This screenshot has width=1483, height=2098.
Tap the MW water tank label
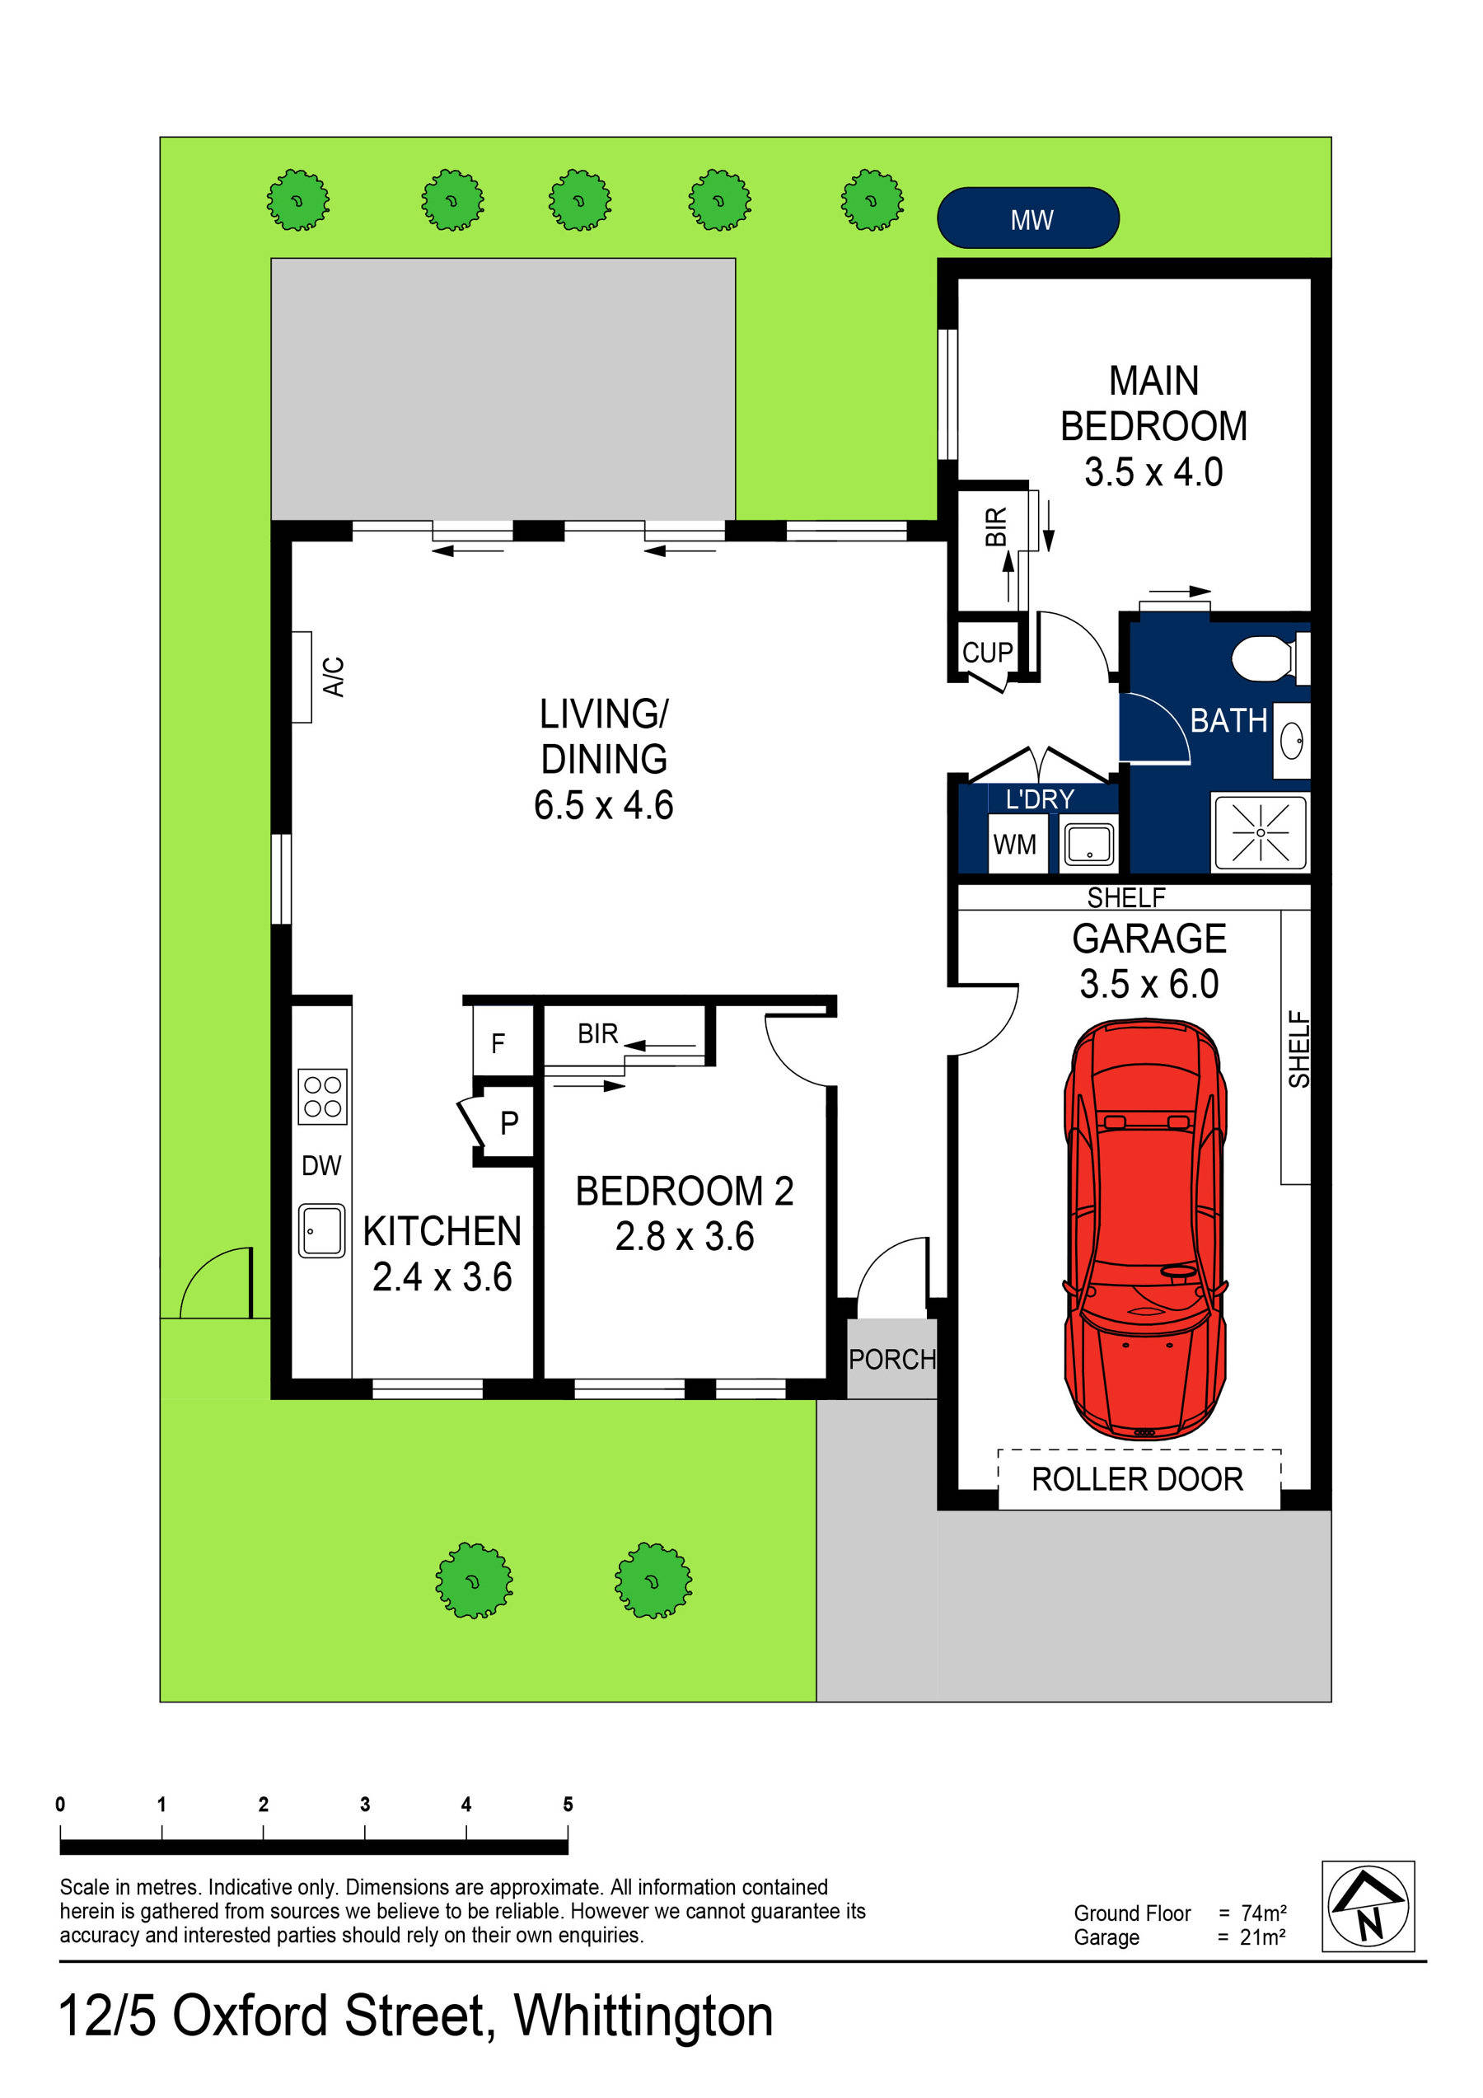1031,219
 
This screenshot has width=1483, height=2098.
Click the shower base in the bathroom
1260,832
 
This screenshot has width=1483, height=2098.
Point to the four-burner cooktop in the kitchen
321,1096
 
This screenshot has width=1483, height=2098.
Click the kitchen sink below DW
321,1230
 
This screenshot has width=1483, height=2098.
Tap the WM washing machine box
1014,845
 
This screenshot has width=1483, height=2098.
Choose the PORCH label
891,1360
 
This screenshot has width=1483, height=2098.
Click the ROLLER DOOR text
1137,1478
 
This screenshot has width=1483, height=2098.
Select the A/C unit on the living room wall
302,677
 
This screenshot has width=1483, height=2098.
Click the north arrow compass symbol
1367,1906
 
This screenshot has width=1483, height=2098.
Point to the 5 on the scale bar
568,1804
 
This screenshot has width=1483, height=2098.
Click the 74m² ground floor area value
1264,1913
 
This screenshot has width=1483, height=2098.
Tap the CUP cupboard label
987,653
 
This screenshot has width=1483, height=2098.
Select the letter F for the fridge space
498,1042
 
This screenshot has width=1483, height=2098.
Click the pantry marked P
509,1122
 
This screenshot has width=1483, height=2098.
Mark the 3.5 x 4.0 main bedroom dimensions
1153,472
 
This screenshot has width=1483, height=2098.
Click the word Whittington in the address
643,2015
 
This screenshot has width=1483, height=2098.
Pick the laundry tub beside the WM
1088,845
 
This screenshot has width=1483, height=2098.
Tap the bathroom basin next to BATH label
1291,740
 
